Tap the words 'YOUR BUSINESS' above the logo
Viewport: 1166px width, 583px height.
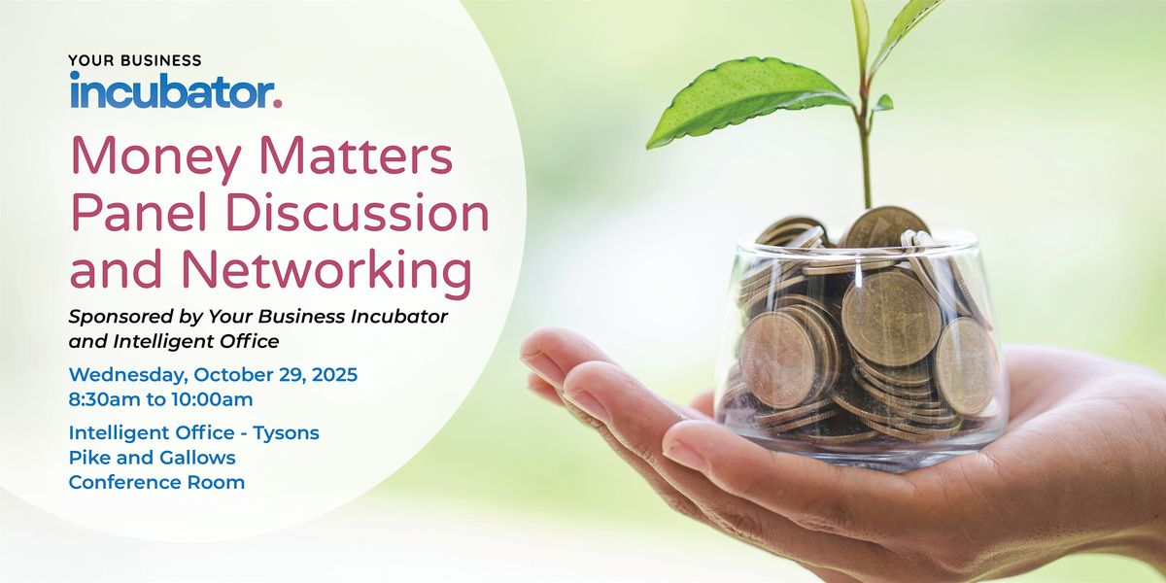(x=135, y=60)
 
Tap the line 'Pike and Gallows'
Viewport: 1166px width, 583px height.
(x=152, y=457)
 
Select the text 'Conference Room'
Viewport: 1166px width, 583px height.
(x=156, y=482)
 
